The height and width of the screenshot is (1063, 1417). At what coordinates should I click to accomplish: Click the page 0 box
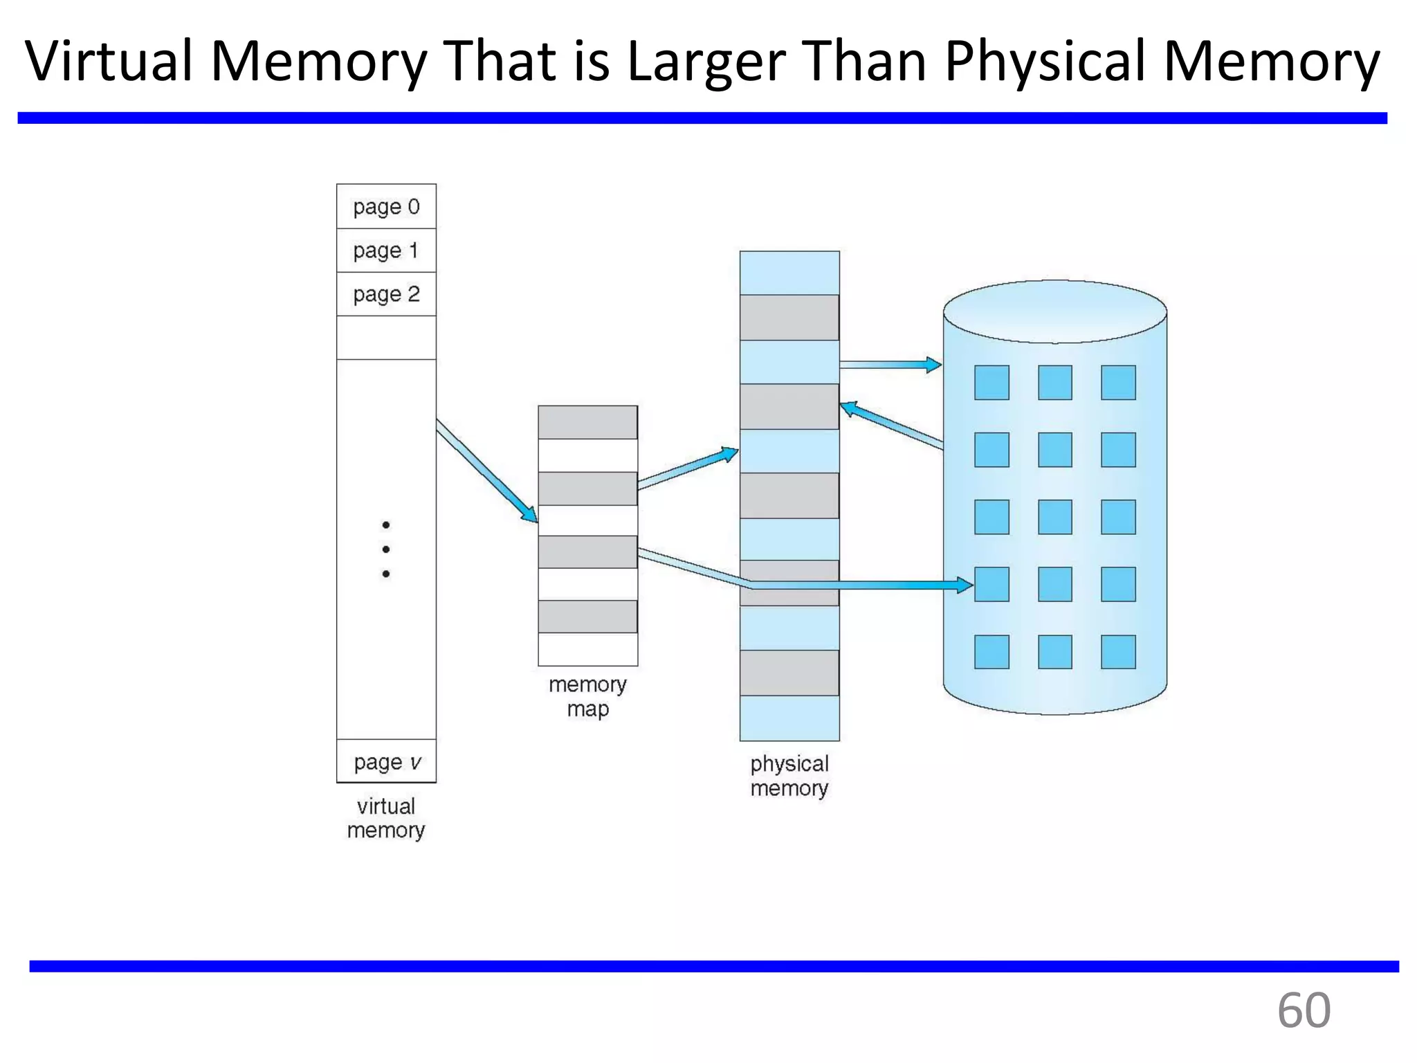(386, 206)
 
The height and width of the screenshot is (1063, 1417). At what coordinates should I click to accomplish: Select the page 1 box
(386, 251)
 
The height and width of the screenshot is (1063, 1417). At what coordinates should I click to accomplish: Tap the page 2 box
(386, 294)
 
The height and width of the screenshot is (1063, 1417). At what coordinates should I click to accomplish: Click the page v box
(386, 762)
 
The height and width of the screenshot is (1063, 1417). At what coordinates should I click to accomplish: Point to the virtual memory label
(386, 818)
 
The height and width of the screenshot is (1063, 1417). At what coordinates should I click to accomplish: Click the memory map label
(587, 696)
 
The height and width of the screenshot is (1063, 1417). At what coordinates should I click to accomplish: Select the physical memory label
(789, 775)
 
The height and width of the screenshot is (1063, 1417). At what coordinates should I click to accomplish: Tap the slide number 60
(1304, 1010)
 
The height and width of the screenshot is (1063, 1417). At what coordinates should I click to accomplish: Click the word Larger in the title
(706, 61)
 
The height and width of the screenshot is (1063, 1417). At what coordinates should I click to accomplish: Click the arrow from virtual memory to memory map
(486, 471)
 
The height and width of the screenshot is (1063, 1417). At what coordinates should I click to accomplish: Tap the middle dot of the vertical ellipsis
(386, 549)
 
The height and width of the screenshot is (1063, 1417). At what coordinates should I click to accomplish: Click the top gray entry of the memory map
(587, 422)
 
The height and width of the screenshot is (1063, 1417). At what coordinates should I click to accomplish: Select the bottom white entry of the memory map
(587, 649)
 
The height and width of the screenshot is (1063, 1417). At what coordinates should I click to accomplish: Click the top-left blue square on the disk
(991, 383)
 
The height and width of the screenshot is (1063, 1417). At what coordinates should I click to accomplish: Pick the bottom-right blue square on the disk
(1118, 652)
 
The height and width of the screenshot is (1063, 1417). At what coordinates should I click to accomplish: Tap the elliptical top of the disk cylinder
(1054, 311)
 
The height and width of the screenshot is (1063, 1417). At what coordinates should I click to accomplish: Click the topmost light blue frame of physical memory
(789, 273)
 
